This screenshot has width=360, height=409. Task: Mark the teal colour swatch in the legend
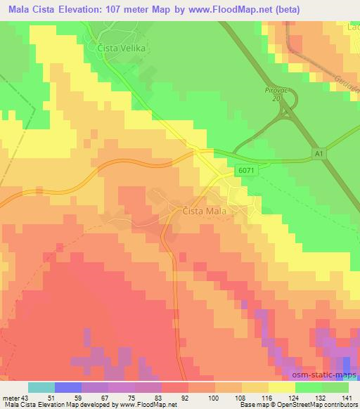tap(41, 387)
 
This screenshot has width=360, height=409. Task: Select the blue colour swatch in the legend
tap(68, 387)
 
